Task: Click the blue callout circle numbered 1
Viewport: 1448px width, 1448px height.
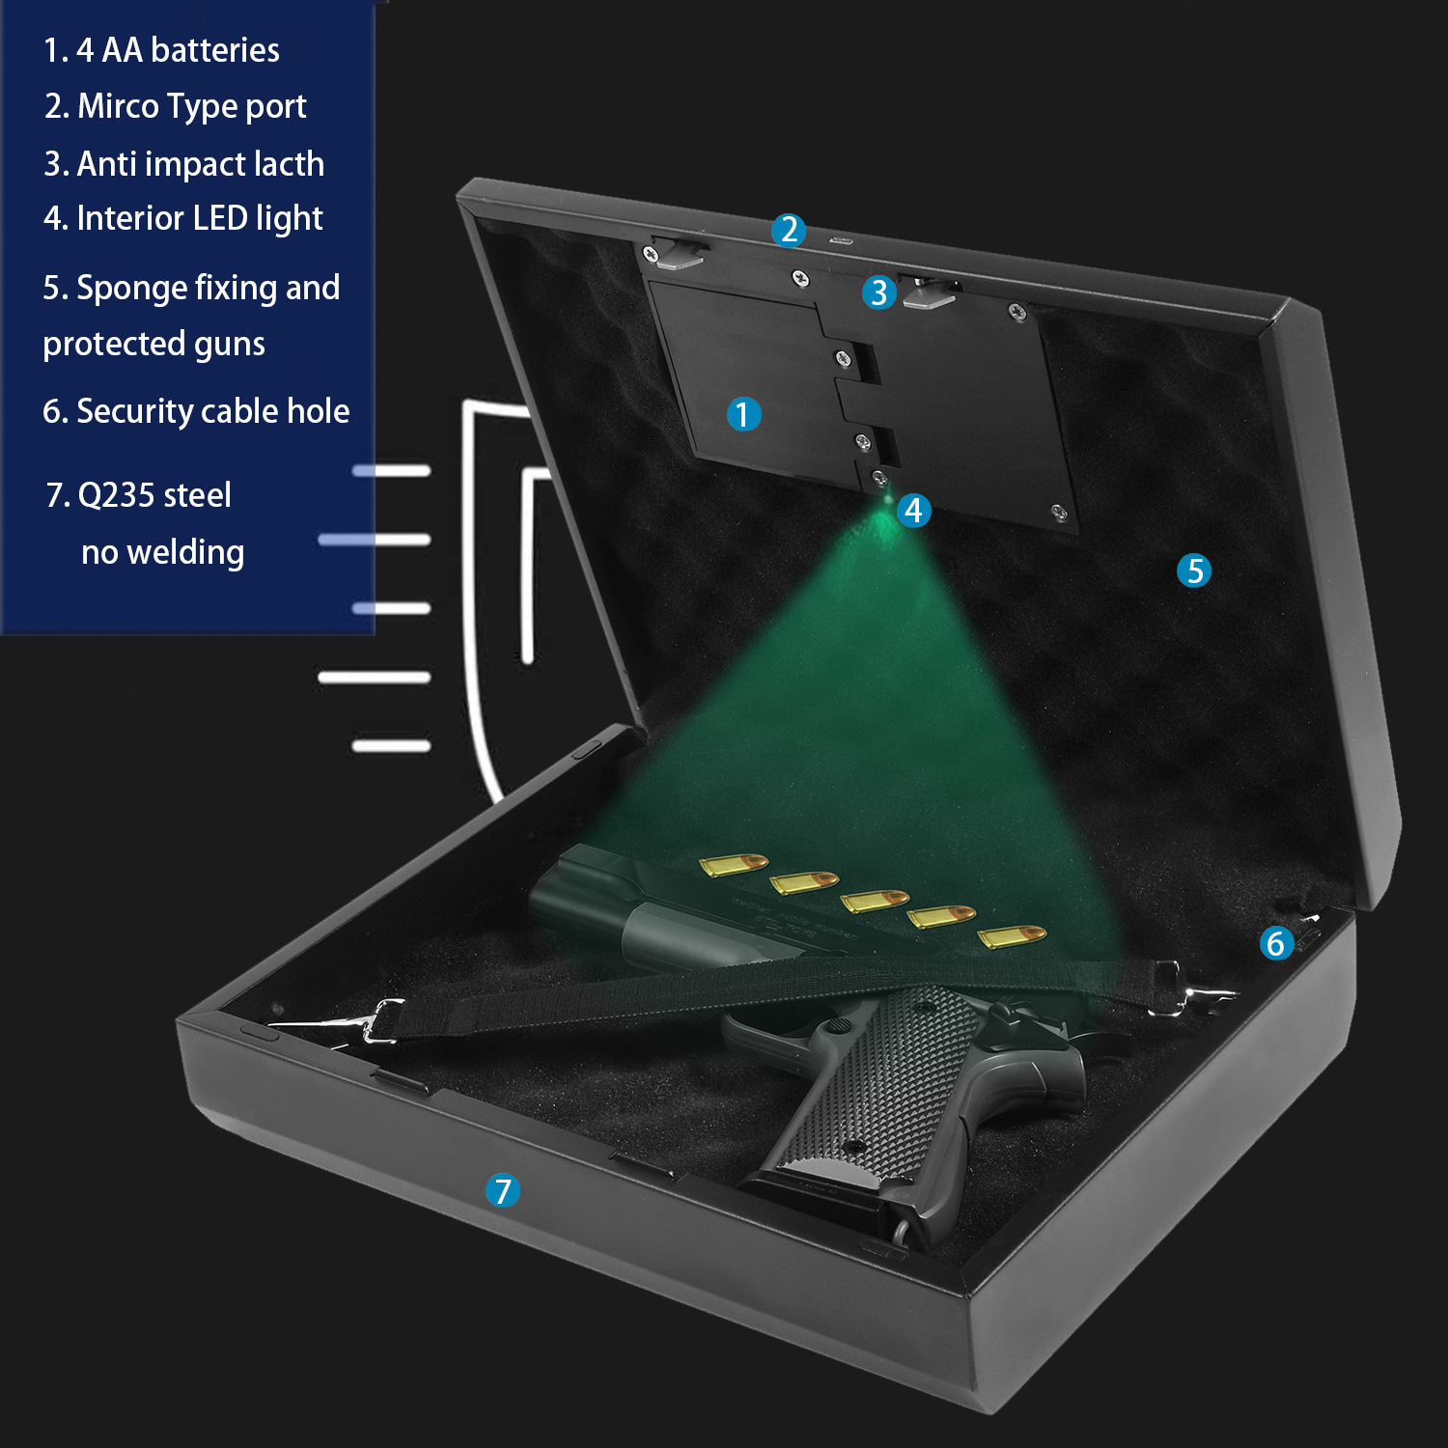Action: pyautogui.click(x=743, y=414)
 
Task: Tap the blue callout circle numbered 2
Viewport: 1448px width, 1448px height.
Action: pyautogui.click(x=789, y=230)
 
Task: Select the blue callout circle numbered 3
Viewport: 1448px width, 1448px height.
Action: pyautogui.click(x=878, y=292)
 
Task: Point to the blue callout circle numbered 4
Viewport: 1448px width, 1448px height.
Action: pyautogui.click(x=913, y=510)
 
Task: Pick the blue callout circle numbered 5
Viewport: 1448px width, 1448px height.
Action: pyautogui.click(x=1194, y=571)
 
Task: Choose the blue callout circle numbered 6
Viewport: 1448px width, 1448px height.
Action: pyautogui.click(x=1276, y=943)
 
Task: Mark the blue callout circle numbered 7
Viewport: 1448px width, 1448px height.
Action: pyautogui.click(x=502, y=1190)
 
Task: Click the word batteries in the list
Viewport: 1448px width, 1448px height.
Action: pyautogui.click(x=215, y=50)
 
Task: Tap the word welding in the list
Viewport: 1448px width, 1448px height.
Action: pyautogui.click(x=185, y=553)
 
